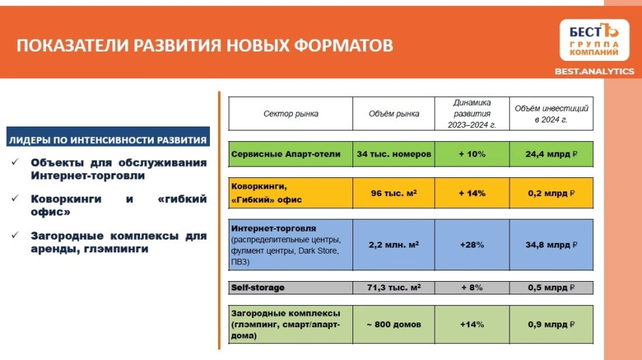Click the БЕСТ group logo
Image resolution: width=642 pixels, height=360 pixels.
(594, 39)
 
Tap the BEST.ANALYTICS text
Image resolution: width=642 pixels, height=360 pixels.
(594, 71)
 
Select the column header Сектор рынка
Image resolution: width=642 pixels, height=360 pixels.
(291, 114)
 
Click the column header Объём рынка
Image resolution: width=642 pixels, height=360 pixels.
(394, 114)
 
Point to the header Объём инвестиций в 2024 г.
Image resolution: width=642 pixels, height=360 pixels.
(551, 114)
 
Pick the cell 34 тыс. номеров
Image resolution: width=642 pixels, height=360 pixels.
(394, 154)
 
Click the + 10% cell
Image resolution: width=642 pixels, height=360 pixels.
(472, 154)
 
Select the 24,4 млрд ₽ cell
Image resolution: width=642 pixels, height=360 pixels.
(551, 154)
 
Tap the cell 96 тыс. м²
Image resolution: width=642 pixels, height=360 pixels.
(394, 193)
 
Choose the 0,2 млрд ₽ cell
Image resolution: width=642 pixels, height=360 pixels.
(551, 193)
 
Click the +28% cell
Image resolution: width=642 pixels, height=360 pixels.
(472, 244)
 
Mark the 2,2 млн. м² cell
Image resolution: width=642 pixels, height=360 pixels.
(394, 244)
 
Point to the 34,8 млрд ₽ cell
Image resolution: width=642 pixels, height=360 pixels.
(551, 244)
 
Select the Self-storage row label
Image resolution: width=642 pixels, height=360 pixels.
(257, 288)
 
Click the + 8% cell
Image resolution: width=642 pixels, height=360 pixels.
(472, 288)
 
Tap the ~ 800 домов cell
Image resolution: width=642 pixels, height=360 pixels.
(394, 325)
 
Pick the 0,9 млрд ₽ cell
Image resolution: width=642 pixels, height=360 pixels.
(551, 325)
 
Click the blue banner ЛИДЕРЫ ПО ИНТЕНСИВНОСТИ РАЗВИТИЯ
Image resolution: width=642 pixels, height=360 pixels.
(108, 137)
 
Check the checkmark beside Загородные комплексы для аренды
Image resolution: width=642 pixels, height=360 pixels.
(15, 235)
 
